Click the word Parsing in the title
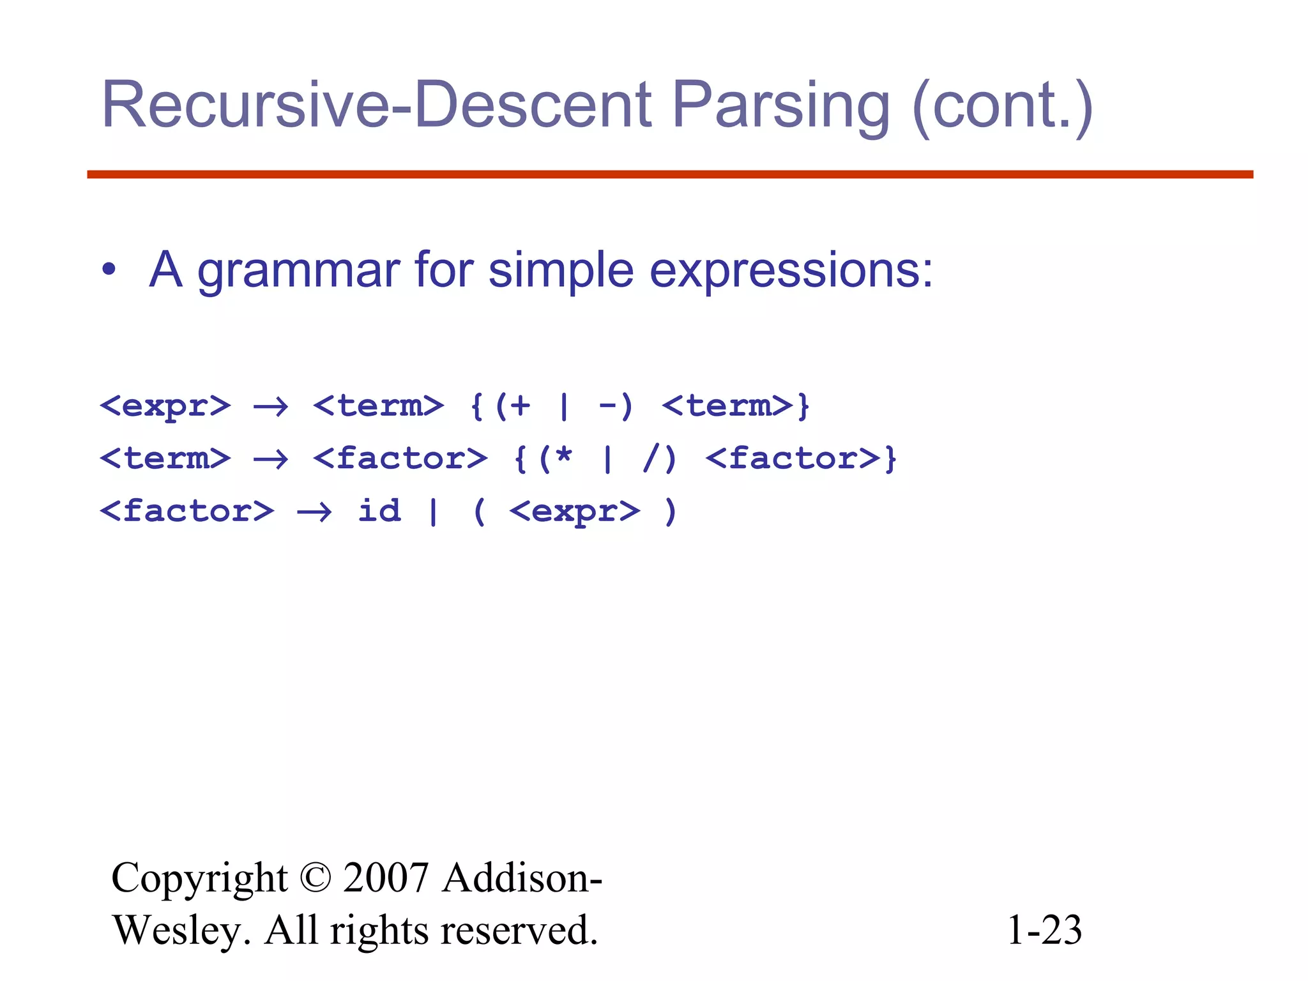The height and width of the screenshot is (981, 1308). tap(780, 106)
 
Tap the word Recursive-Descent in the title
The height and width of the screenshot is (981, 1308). tap(377, 105)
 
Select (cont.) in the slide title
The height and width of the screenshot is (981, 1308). tap(1003, 106)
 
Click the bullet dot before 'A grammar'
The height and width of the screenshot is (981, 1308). tap(109, 270)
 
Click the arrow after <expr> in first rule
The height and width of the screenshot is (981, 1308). tap(271, 406)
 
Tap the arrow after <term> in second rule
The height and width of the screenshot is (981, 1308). tap(271, 459)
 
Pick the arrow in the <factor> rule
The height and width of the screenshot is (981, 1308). tap(314, 512)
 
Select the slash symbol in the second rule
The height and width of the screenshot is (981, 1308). tap(650, 459)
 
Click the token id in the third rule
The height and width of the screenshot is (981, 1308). tap(379, 510)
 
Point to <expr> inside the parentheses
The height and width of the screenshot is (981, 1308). tap(574, 512)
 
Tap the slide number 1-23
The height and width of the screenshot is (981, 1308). tap(1044, 930)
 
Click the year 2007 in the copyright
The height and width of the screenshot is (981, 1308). tap(385, 878)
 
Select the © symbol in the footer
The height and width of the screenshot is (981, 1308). tap(315, 878)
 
